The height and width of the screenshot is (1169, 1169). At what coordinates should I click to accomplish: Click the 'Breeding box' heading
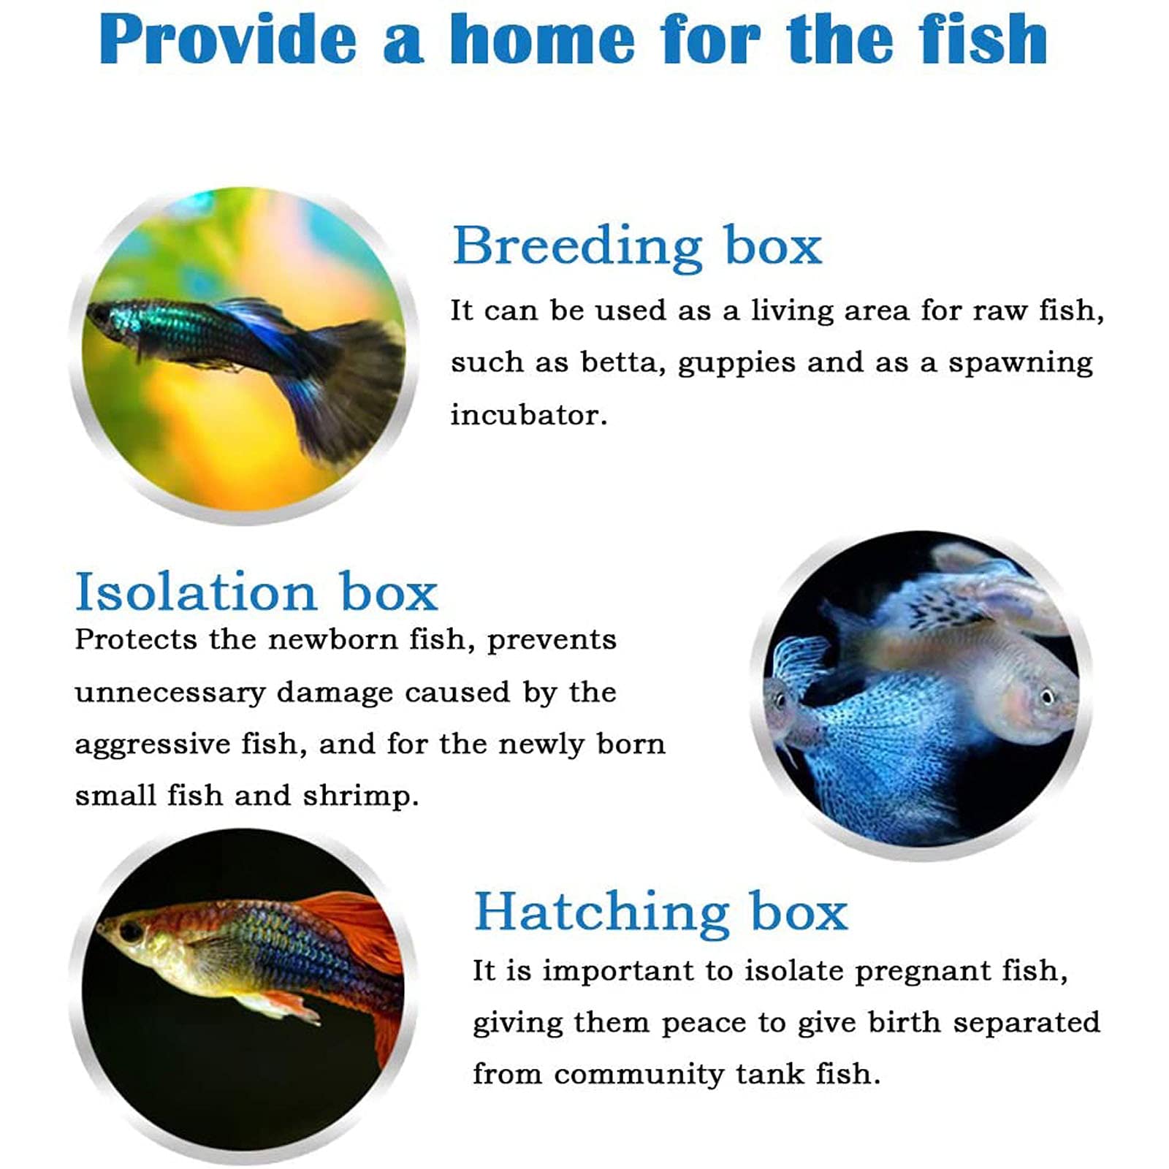click(x=636, y=246)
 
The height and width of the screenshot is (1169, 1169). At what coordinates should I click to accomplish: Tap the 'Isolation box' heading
click(x=256, y=592)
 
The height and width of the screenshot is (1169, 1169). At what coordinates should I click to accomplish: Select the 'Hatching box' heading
click(x=660, y=912)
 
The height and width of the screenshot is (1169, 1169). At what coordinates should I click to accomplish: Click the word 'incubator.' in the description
click(x=528, y=415)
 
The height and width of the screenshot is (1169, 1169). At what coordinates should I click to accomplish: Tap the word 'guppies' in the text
click(x=736, y=363)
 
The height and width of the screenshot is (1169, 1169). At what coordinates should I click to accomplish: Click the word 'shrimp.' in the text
click(x=361, y=796)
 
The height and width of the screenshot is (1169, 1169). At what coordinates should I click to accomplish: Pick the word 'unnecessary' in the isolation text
click(x=170, y=692)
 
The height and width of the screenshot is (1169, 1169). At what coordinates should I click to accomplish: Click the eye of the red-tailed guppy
click(x=130, y=932)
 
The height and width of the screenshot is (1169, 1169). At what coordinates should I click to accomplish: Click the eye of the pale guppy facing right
click(x=1047, y=696)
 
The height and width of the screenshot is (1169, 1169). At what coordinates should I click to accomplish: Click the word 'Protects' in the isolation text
click(x=136, y=640)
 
